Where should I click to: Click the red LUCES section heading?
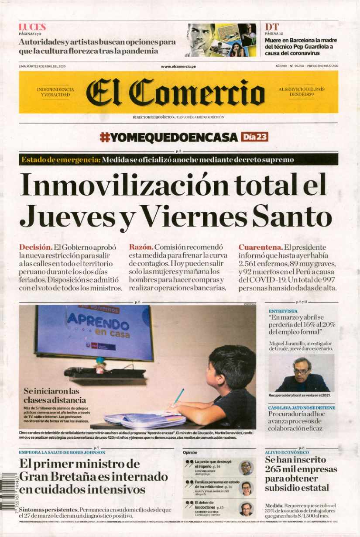pyautogui.click(x=32, y=27)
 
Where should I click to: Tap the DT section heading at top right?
pyautogui.click(x=271, y=27)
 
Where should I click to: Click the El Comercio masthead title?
pyautogui.click(x=175, y=93)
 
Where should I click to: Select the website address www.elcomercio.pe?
pyautogui.click(x=178, y=66)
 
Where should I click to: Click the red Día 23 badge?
pyautogui.click(x=254, y=137)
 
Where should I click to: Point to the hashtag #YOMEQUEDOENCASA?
pyautogui.click(x=169, y=137)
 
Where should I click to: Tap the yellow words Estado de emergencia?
pyautogui.click(x=60, y=160)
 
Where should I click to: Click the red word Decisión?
pyautogui.click(x=36, y=247)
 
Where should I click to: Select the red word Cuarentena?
pyautogui.click(x=260, y=247)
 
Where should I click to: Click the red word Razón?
pyautogui.click(x=141, y=247)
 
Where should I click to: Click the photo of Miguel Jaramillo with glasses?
pyautogui.click(x=301, y=373)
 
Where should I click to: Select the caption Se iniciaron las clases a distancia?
pyautogui.click(x=55, y=396)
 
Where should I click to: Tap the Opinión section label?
pyautogui.click(x=190, y=453)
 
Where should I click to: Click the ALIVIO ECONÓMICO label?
pyautogui.click(x=287, y=453)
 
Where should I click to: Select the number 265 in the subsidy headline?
pyautogui.click(x=274, y=469)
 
